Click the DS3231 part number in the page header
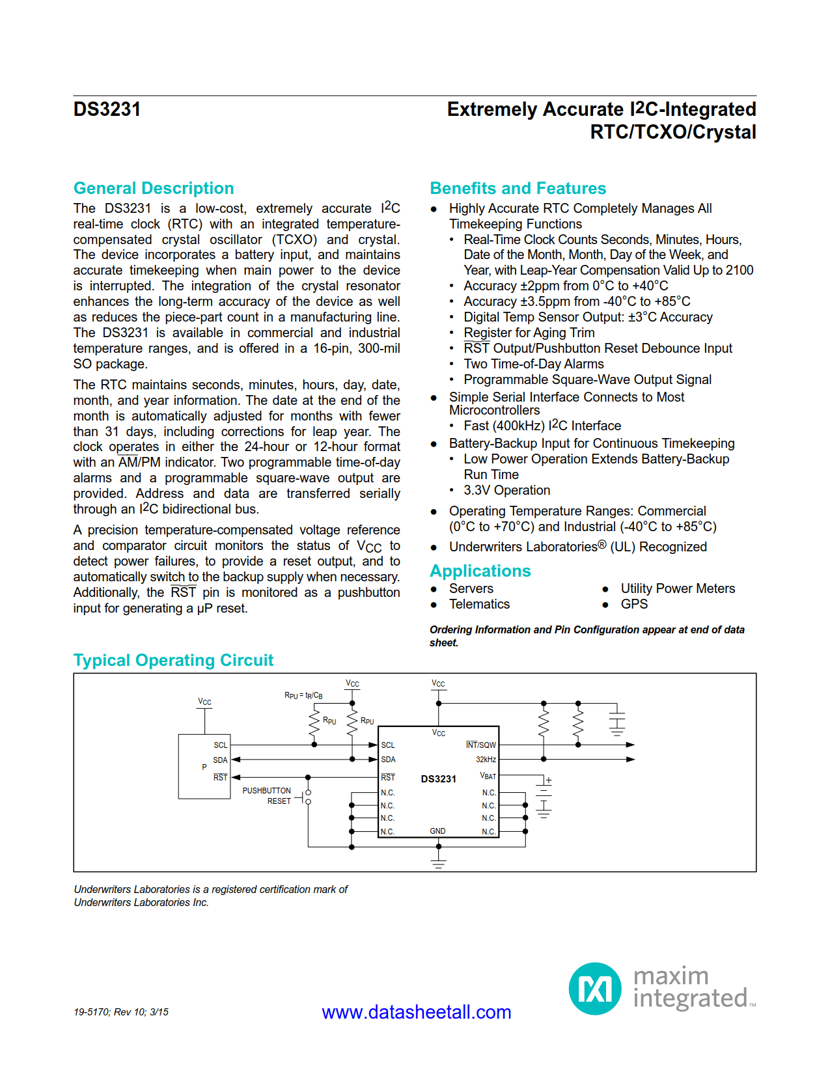click(x=107, y=109)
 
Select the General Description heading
click(x=154, y=188)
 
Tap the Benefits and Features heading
click(x=518, y=188)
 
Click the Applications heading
click(x=480, y=571)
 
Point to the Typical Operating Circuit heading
click(x=173, y=660)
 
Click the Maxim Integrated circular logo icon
click(x=594, y=989)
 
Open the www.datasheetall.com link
click(x=416, y=1012)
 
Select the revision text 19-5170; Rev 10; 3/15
click(x=121, y=1012)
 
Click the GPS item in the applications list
click(x=633, y=604)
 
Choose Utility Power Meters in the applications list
click(x=677, y=588)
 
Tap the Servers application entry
click(x=471, y=588)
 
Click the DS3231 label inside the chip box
click(x=438, y=779)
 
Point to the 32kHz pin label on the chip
click(x=486, y=760)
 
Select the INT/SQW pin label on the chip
click(x=480, y=745)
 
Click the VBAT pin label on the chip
click(x=488, y=776)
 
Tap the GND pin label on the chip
click(x=437, y=831)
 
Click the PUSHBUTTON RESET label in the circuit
click(x=267, y=795)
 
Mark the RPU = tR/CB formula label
click(x=303, y=695)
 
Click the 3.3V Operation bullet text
click(x=506, y=490)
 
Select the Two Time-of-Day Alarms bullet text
click(x=533, y=364)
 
